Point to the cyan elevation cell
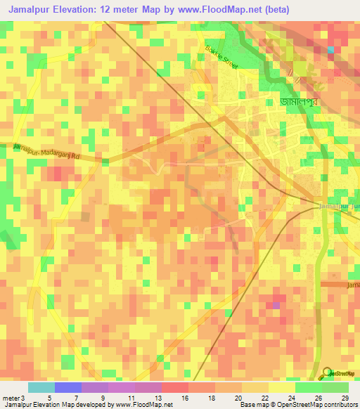[x=330, y=49]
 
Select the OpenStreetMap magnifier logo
[x=327, y=373]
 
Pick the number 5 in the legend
[x=49, y=397]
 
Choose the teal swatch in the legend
[x=41, y=387]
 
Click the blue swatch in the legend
[x=67, y=387]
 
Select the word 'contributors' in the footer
[x=338, y=405]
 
